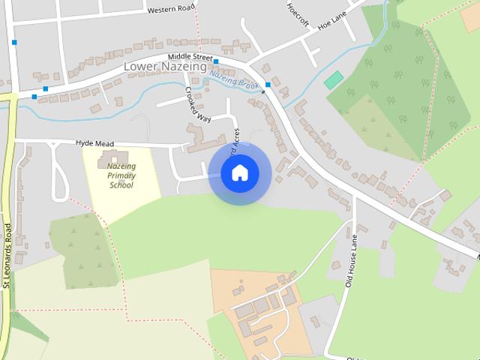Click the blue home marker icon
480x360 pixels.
239,173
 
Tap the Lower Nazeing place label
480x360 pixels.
163,67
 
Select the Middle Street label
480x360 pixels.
190,56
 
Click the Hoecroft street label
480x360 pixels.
298,12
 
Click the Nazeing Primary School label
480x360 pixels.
121,175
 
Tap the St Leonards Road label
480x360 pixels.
7,255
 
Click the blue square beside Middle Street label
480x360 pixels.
216,61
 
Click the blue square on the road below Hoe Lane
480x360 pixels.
268,85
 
